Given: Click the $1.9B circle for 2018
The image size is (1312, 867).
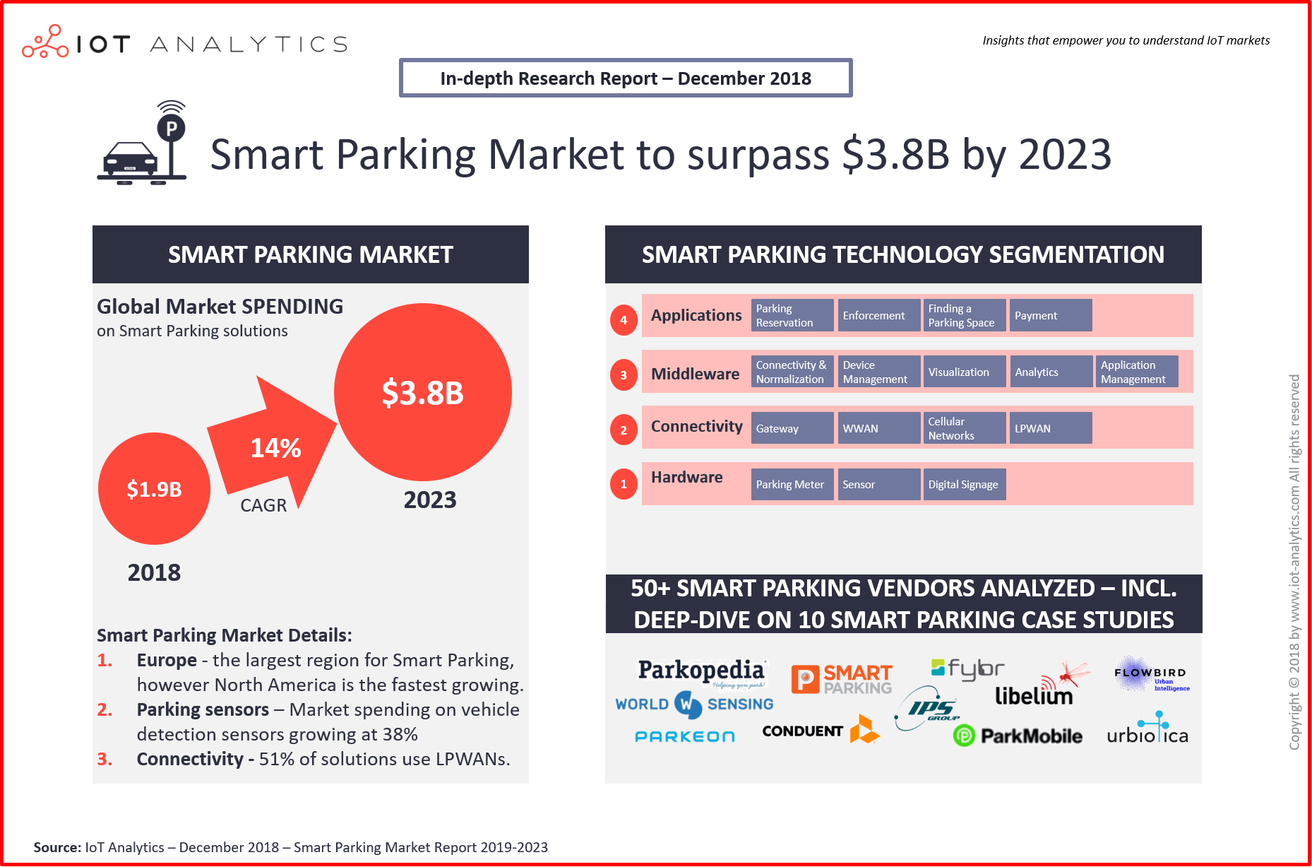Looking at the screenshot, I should [x=154, y=488].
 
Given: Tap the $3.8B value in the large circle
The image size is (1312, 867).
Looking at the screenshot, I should [x=422, y=393].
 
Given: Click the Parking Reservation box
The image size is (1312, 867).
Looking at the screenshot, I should [x=792, y=315].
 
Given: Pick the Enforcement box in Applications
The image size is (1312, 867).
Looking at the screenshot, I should [x=878, y=315].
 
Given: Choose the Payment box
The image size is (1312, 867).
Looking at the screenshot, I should [x=1049, y=315].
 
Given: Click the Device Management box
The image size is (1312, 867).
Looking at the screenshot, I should [x=878, y=372].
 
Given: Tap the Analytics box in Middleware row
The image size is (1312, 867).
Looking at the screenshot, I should [x=1049, y=372].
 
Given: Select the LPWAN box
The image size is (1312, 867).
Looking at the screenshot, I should [x=1049, y=428].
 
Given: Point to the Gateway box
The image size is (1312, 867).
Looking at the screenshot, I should [x=792, y=428].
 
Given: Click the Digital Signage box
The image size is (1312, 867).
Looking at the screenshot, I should [x=964, y=484].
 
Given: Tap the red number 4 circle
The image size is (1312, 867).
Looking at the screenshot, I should [x=624, y=320].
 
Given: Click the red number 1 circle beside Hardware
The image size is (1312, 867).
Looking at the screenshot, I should [x=624, y=484].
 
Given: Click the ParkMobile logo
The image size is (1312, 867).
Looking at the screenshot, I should [x=1018, y=736].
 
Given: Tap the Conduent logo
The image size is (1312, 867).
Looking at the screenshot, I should [x=819, y=731].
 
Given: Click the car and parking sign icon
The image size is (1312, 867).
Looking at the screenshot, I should [x=143, y=147].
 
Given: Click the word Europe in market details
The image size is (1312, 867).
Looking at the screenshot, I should [x=167, y=660].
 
